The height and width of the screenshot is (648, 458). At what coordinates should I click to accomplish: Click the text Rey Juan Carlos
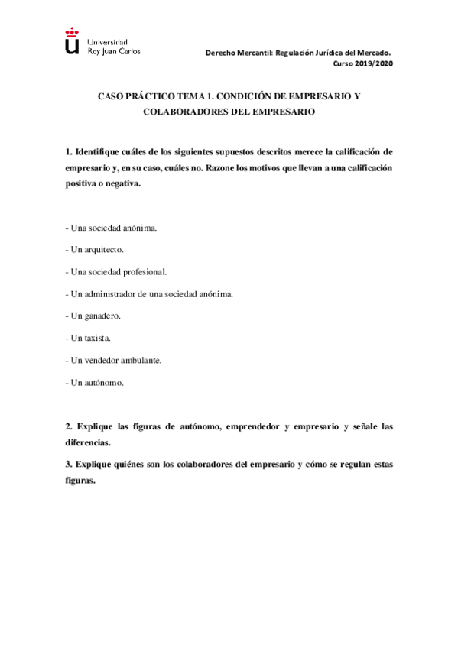(x=115, y=51)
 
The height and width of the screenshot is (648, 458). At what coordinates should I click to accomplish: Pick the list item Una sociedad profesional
(x=115, y=271)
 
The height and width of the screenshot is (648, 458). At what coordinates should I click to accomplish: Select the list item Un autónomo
(x=97, y=381)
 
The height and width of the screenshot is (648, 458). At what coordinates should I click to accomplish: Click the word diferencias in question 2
(x=89, y=442)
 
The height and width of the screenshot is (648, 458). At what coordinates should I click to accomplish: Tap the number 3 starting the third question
(x=68, y=464)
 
